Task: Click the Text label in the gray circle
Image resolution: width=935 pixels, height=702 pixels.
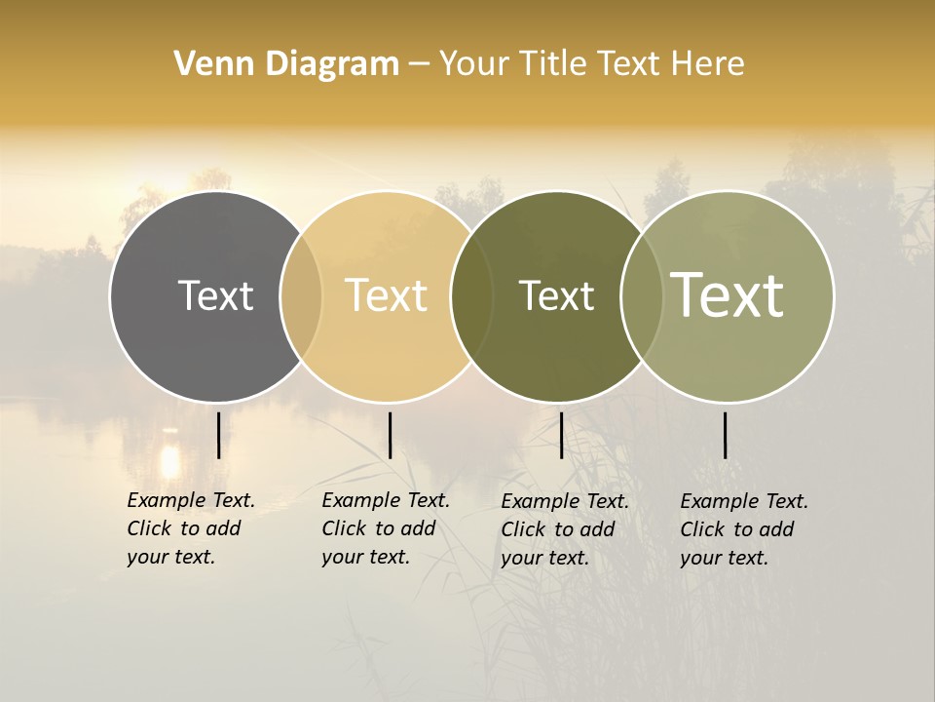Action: tap(215, 295)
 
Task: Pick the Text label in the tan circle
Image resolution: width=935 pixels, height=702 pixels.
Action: tap(387, 295)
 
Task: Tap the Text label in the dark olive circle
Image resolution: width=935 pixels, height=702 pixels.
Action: tap(556, 295)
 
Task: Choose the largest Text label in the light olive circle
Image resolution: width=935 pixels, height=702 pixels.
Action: tap(728, 295)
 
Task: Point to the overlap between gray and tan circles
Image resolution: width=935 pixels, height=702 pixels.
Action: tap(301, 296)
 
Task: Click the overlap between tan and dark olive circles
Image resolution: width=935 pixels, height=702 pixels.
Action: tap(471, 296)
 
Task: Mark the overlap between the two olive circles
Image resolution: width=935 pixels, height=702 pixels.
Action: tap(641, 296)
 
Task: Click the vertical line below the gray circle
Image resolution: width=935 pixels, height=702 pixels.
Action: tap(218, 435)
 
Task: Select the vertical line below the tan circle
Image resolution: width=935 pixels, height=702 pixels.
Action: tap(390, 435)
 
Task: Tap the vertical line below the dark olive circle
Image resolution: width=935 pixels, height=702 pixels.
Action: tap(561, 435)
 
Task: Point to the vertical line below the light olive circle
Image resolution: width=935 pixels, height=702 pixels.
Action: tap(725, 435)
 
